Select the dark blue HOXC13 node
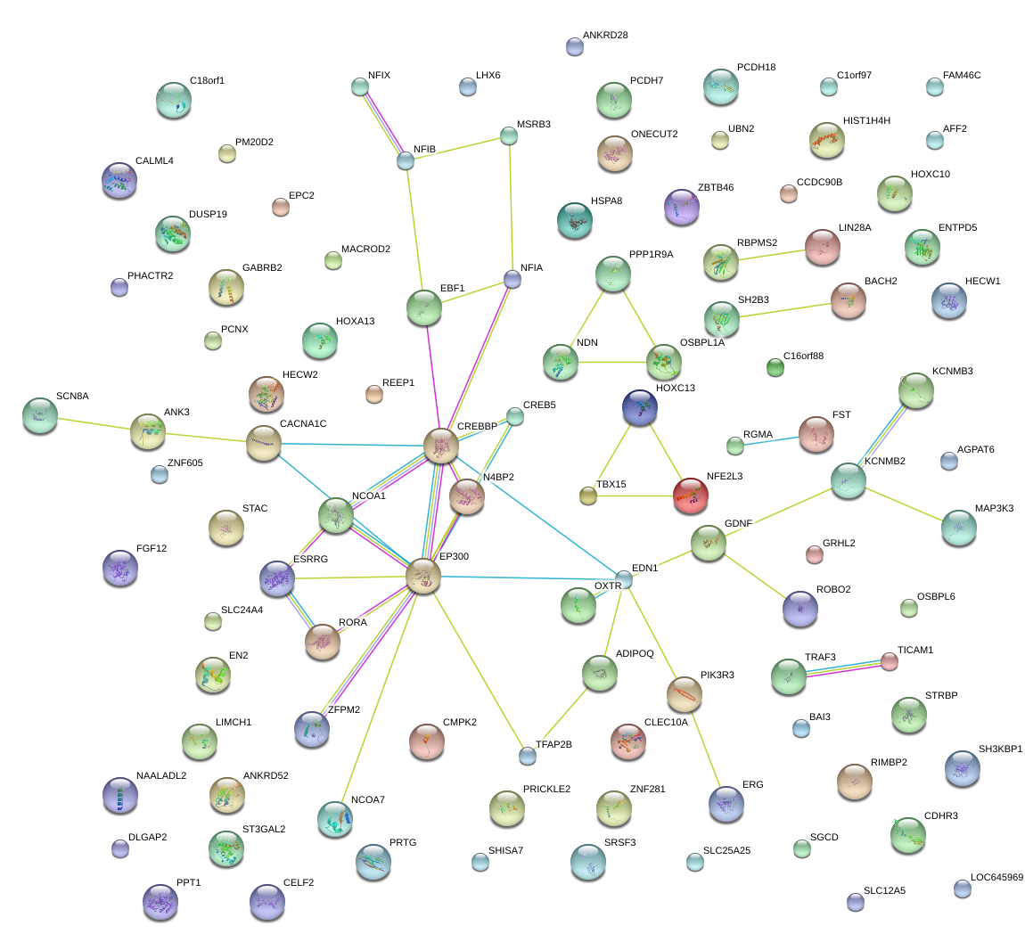[x=640, y=405]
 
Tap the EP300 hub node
[x=423, y=577]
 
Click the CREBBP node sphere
[x=440, y=445]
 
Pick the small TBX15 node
[x=587, y=496]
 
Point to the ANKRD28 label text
[x=605, y=36]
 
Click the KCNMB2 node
[x=848, y=479]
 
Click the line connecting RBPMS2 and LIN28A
[x=772, y=256]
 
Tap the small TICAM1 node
[x=890, y=660]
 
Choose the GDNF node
[x=709, y=542]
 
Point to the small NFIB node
[x=406, y=160]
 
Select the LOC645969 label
[x=996, y=878]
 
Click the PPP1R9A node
[x=612, y=273]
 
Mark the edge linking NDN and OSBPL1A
[x=612, y=362]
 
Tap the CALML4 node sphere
[x=119, y=180]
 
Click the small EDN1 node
[x=624, y=579]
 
